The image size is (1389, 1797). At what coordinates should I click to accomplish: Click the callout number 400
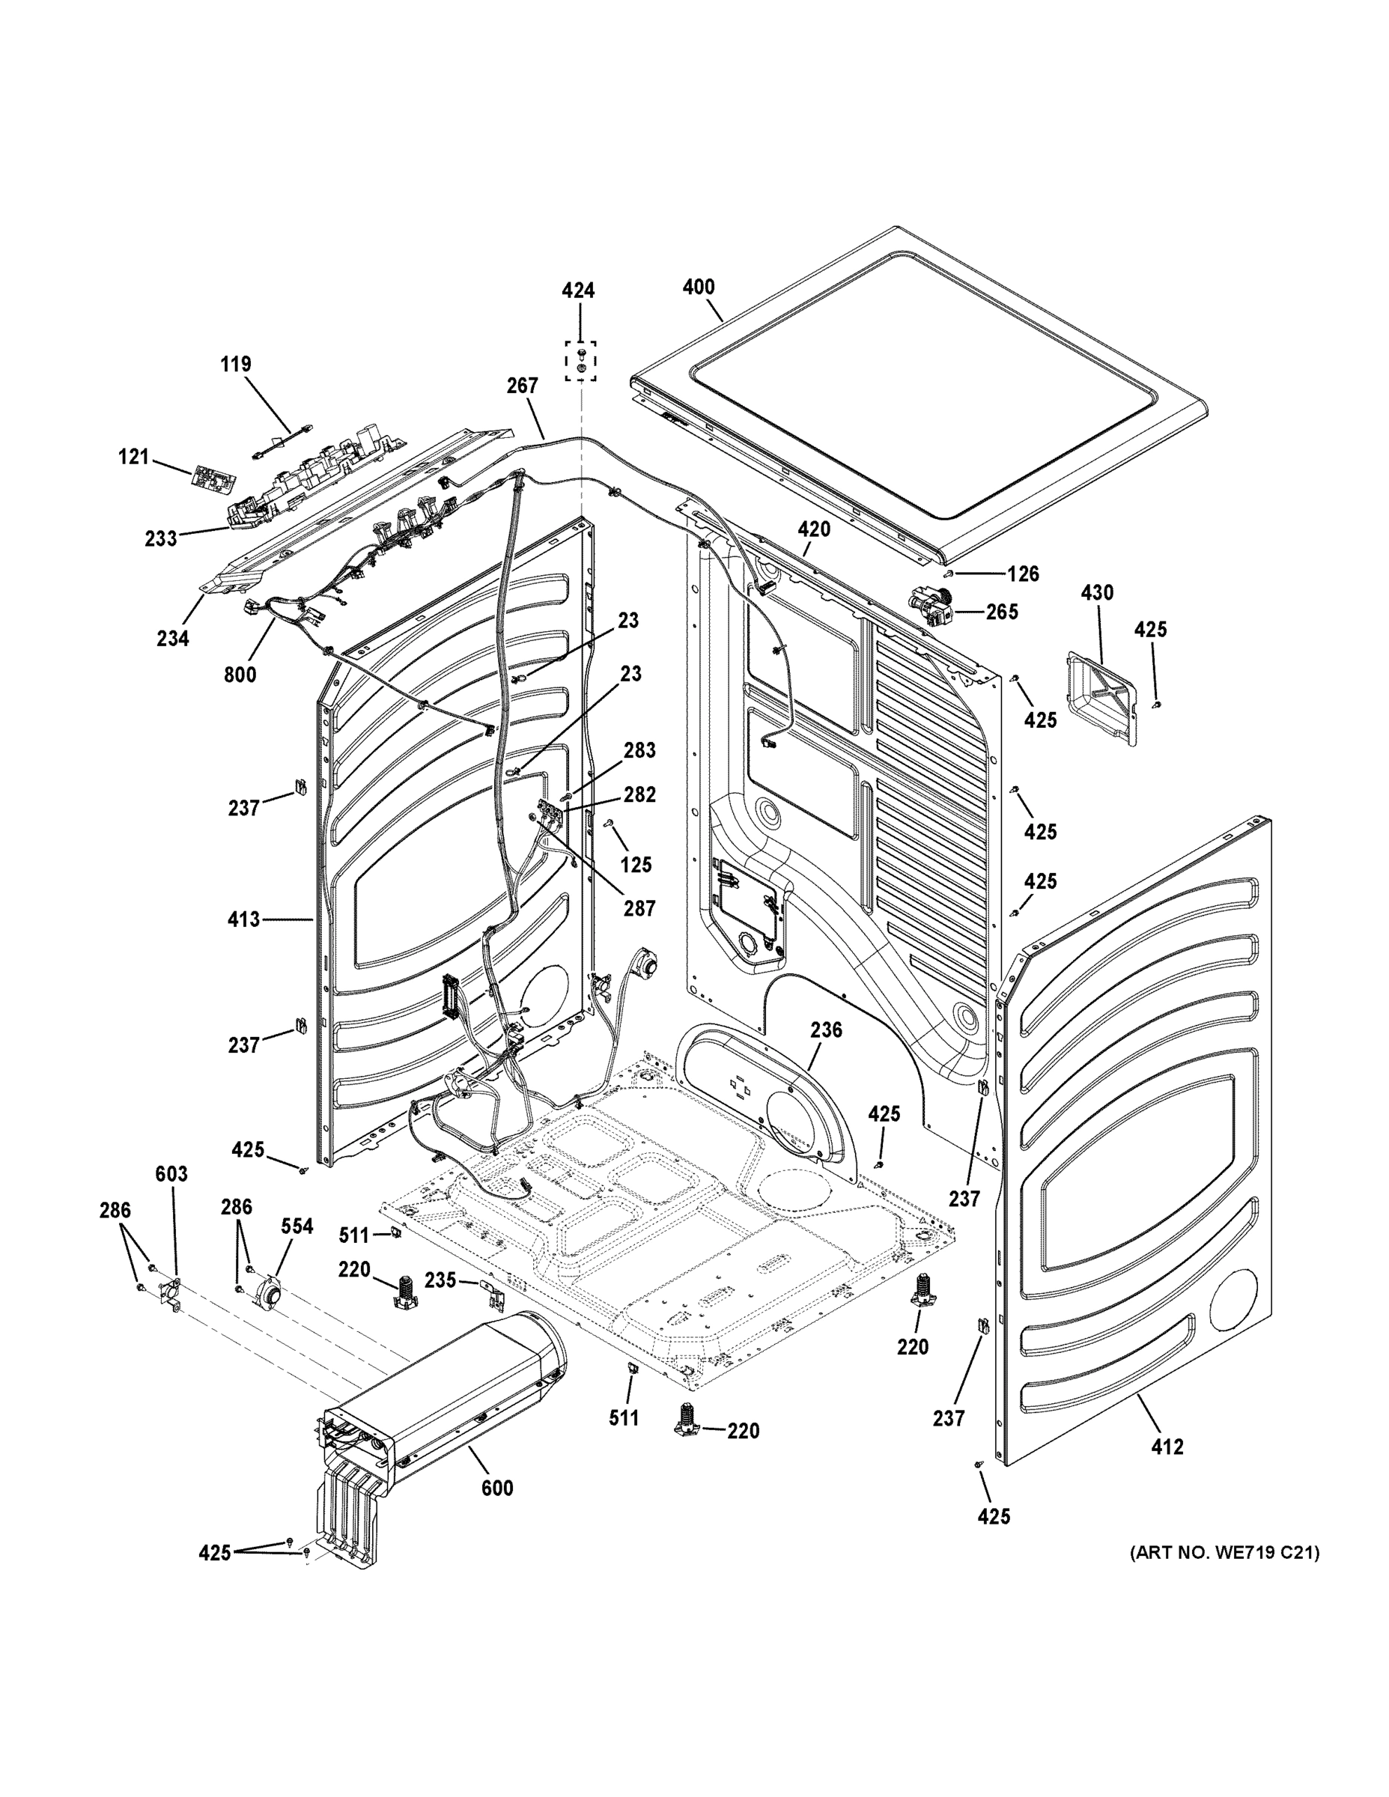coord(699,288)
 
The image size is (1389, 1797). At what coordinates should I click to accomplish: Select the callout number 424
coord(579,291)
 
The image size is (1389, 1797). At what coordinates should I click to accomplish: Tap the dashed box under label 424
coord(581,360)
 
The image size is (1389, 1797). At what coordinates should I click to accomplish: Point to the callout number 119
coord(235,364)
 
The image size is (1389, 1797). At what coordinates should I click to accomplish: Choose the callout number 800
coord(240,675)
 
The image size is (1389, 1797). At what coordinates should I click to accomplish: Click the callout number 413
coord(243,919)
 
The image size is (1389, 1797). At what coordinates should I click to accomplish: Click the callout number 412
coord(1167,1446)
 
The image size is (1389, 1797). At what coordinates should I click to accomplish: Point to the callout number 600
coord(497,1488)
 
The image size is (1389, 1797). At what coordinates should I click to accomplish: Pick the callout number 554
coord(297,1226)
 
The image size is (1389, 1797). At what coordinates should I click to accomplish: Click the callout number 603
coord(171,1174)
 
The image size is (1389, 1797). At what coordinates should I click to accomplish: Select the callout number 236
coord(826,1030)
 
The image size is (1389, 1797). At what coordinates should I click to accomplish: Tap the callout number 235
coord(440,1280)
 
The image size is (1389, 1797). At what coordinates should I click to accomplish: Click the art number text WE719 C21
coord(1224,1553)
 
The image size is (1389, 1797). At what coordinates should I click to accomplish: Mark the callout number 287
coord(639,908)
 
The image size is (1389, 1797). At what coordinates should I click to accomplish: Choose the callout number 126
coord(1024,574)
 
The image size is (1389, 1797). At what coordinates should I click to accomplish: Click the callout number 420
coord(813,529)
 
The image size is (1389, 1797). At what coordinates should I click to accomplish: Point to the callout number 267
coord(523,385)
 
